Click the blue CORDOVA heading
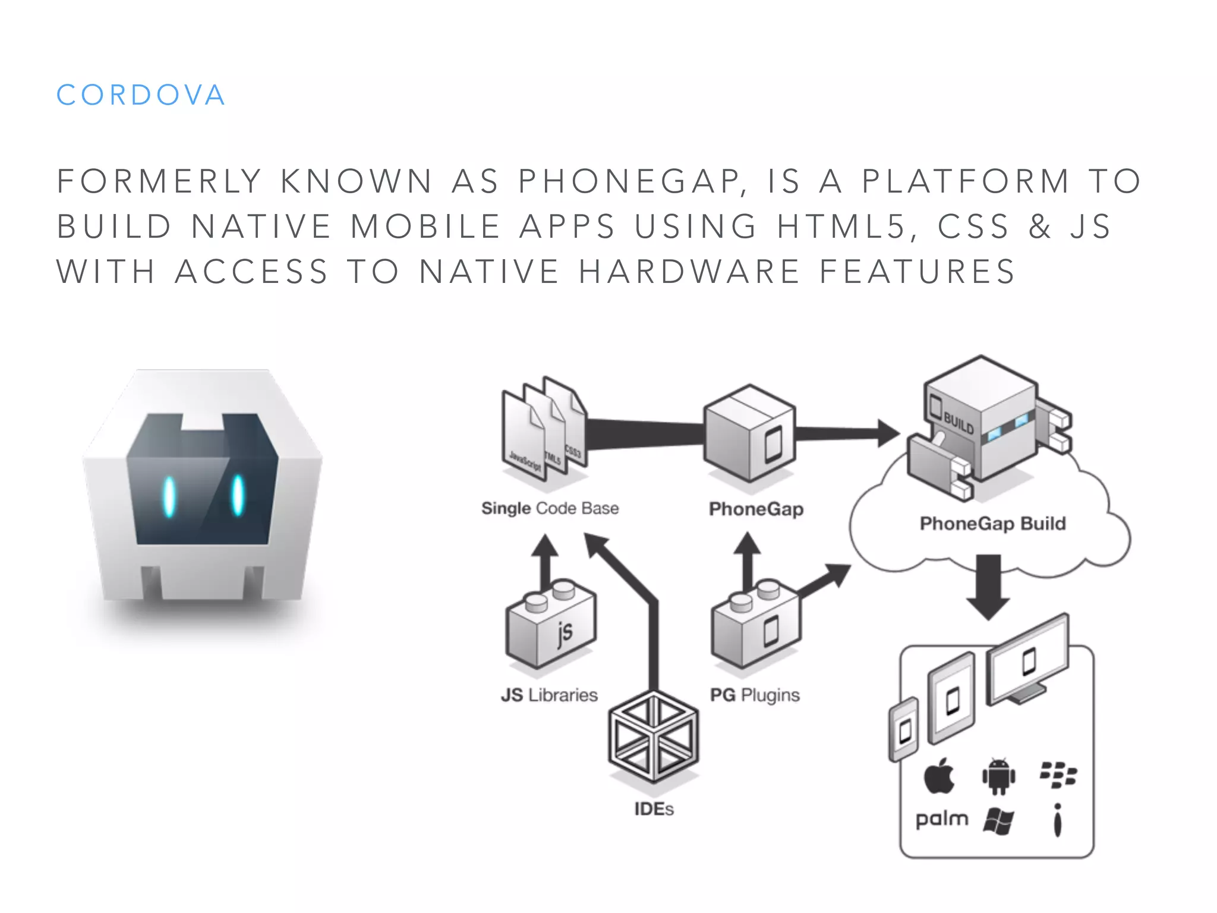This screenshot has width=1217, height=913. (x=141, y=95)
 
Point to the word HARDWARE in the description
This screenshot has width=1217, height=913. (x=689, y=272)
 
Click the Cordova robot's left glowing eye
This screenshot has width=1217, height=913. (x=169, y=496)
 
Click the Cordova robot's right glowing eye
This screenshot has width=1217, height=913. (x=238, y=495)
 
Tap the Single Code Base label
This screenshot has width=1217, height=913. (x=550, y=508)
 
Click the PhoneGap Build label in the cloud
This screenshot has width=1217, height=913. (x=992, y=524)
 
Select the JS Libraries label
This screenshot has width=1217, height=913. (x=549, y=695)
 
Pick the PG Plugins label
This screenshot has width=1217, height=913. (x=755, y=695)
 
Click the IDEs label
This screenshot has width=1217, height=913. (x=654, y=809)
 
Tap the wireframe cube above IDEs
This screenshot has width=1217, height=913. (x=654, y=737)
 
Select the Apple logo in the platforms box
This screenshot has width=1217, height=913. (x=939, y=776)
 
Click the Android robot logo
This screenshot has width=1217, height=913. (x=999, y=776)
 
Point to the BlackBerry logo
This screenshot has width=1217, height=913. (x=1058, y=775)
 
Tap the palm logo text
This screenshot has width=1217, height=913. (x=942, y=819)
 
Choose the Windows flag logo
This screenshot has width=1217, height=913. (x=998, y=821)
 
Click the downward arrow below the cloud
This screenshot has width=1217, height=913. (x=988, y=585)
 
